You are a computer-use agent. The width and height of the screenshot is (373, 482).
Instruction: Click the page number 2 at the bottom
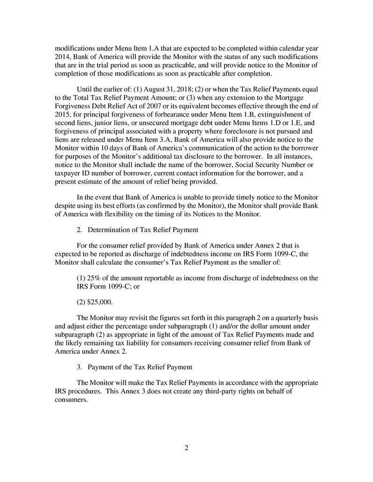[x=186, y=448]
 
